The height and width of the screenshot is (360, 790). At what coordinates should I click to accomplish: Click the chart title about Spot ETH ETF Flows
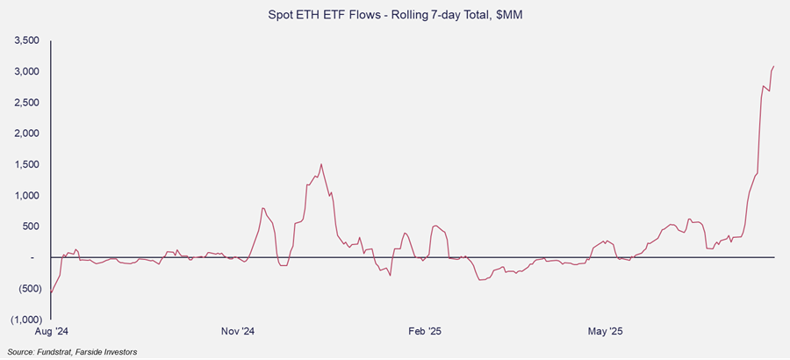(x=394, y=15)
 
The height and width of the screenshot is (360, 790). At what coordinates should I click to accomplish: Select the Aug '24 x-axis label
(x=50, y=331)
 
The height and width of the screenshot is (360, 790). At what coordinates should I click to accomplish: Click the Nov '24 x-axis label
(x=237, y=331)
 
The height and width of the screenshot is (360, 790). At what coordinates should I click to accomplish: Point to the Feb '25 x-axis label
(x=424, y=331)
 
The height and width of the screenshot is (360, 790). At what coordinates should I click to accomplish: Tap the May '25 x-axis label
(x=605, y=331)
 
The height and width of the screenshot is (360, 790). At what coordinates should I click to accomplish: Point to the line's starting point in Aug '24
(x=51, y=293)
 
